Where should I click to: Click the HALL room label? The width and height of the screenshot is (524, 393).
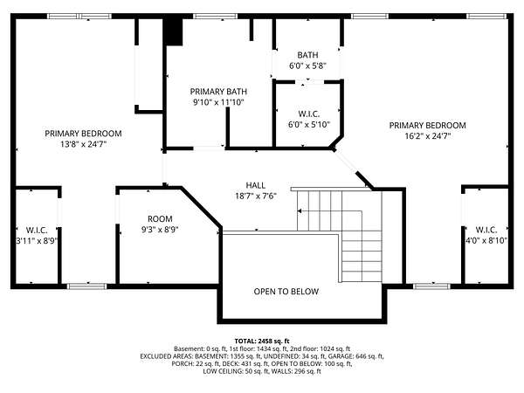point(256,185)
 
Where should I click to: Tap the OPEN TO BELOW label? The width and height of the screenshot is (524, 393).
point(286,292)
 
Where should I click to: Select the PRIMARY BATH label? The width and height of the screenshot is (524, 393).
point(218,92)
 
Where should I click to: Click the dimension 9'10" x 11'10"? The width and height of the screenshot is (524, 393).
point(218,102)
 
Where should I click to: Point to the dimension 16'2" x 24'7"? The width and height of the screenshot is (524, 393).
point(428,136)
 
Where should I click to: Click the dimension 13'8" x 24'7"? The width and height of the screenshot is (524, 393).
point(83,144)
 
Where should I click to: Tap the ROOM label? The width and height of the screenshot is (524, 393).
point(160,219)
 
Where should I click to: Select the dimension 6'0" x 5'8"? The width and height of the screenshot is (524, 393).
point(307,65)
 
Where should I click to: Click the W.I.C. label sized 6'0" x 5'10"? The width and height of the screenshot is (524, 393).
point(309,114)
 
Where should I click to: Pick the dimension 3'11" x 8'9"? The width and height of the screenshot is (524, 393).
point(37,241)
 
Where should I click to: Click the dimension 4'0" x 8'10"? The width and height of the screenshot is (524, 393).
point(486,240)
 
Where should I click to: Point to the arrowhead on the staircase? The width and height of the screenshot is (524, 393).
point(300,210)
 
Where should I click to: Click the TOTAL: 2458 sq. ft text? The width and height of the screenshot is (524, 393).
point(262,341)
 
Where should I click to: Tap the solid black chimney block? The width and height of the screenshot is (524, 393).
point(173,31)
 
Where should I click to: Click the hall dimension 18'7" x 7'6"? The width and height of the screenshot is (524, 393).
point(256,196)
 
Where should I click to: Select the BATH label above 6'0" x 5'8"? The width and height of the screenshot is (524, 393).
point(307,55)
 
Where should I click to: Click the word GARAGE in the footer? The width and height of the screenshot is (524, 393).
point(341,356)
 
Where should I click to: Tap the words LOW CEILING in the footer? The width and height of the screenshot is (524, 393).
point(219,371)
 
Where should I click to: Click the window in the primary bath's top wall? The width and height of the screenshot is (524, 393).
point(215,16)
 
